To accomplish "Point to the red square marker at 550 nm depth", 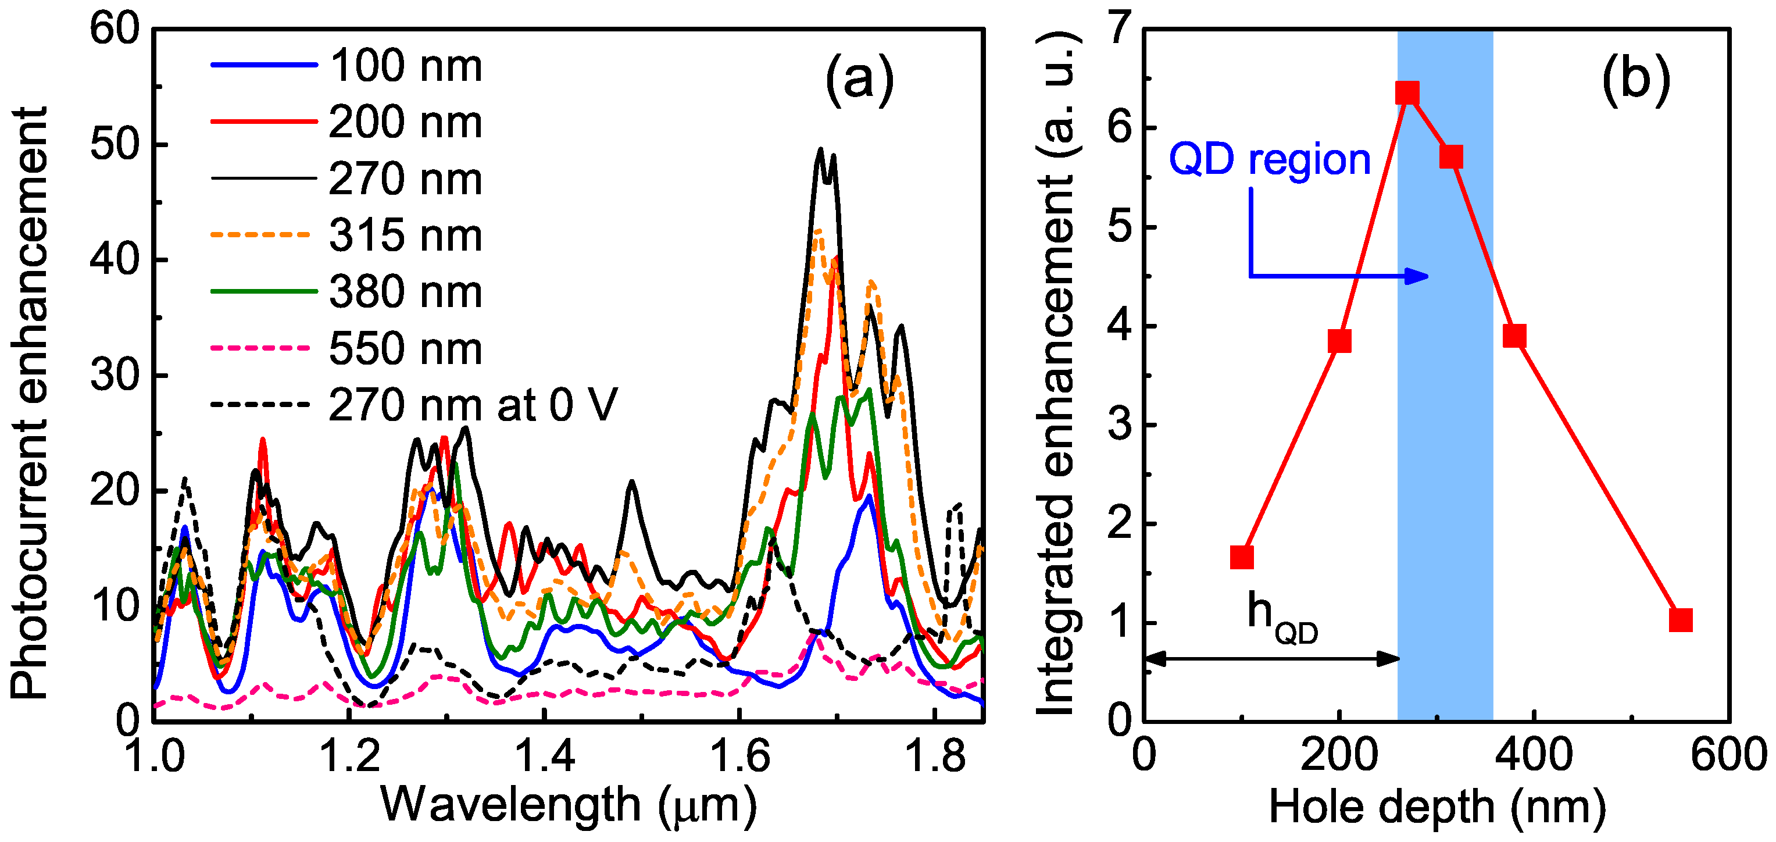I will [1681, 620].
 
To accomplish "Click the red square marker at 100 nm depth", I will [1242, 557].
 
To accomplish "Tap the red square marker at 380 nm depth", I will [1514, 336].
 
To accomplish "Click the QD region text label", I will [1269, 160].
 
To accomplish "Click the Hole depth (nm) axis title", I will [1437, 806].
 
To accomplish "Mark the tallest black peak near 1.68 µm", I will [820, 149].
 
